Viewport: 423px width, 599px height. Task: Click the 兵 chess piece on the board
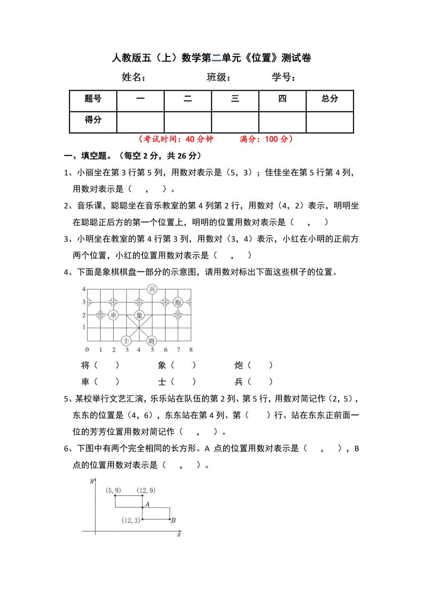tap(152, 289)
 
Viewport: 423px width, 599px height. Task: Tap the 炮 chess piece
tap(178, 302)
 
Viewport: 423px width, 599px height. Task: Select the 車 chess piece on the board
tap(114, 315)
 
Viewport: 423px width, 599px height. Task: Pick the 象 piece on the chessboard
tap(139, 315)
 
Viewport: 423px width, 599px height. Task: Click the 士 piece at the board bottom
tap(126, 341)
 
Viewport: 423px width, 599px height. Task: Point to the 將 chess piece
tap(152, 341)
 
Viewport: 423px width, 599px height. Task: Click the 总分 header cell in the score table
tap(330, 98)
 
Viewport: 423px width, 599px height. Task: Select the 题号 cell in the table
tap(93, 98)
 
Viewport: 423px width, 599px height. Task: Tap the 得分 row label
tap(93, 121)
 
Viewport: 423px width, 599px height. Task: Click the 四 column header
tap(282, 98)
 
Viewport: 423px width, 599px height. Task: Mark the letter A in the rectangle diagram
tap(147, 505)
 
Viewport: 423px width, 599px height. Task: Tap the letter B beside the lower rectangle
tap(173, 521)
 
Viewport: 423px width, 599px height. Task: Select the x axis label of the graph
tap(179, 535)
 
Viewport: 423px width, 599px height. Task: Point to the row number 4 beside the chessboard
tap(84, 288)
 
